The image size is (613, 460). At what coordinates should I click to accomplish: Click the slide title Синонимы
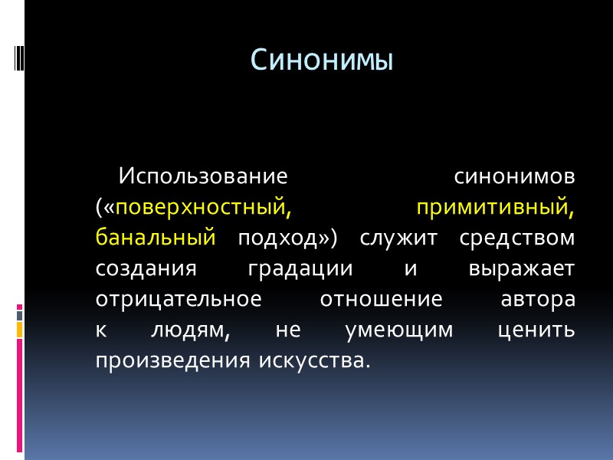pyautogui.click(x=322, y=61)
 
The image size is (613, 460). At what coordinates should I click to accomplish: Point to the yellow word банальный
pyautogui.click(x=156, y=238)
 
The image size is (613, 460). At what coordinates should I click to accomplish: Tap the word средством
pyautogui.click(x=517, y=238)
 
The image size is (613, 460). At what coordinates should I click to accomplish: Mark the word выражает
pyautogui.click(x=520, y=268)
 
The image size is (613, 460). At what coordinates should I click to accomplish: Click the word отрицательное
pyautogui.click(x=179, y=299)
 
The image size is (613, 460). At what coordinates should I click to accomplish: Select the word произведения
pyautogui.click(x=170, y=360)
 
